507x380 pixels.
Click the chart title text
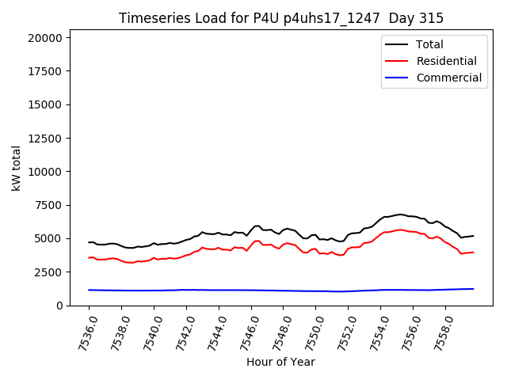[x=281, y=18]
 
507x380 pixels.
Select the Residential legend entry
[x=446, y=61]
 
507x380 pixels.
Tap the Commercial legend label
[x=448, y=78]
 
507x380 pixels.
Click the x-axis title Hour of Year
[x=280, y=362]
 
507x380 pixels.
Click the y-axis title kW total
[x=16, y=172]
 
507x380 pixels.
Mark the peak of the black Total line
[x=401, y=214]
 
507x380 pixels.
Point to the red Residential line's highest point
[x=401, y=230]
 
